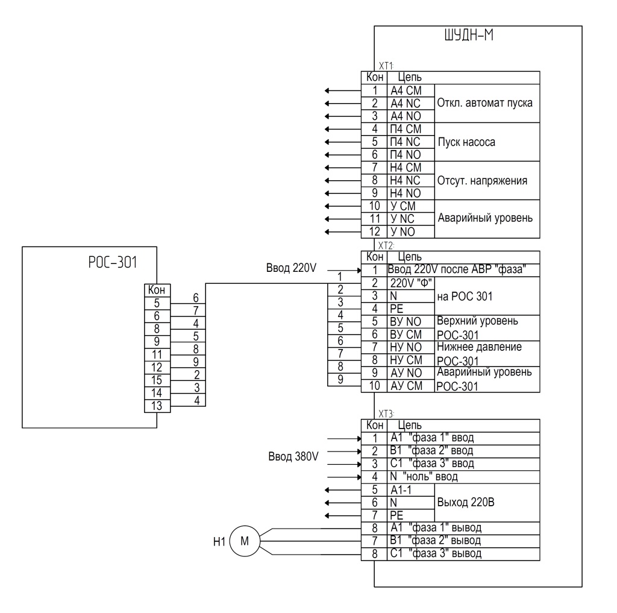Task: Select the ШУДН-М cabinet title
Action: tap(469, 36)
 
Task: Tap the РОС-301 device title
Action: tap(113, 262)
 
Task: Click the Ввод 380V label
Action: tap(293, 456)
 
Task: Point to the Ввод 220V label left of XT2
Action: tap(291, 268)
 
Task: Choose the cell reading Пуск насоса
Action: tap(487, 142)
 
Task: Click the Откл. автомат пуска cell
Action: tap(487, 103)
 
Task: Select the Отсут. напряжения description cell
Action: tap(487, 180)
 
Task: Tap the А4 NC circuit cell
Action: tap(411, 104)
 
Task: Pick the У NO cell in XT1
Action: tap(411, 232)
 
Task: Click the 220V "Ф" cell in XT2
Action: tap(411, 283)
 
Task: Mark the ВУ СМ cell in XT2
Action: tap(411, 335)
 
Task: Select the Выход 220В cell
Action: tap(487, 503)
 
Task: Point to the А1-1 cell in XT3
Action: tap(411, 490)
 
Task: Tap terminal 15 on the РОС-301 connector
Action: tap(157, 380)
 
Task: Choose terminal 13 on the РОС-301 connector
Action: tap(157, 406)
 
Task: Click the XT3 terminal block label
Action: tap(386, 413)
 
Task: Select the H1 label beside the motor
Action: tap(219, 542)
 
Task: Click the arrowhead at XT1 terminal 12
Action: tap(327, 232)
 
